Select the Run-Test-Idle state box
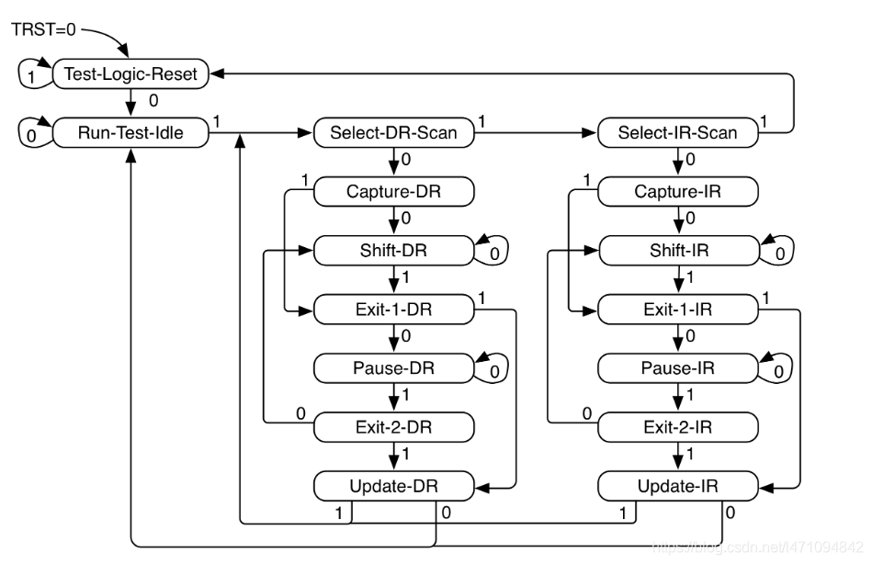(x=130, y=133)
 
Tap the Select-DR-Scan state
(x=393, y=133)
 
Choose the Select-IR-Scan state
(x=677, y=133)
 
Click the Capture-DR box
(x=393, y=192)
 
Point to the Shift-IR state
(x=677, y=250)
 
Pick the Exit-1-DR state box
(x=393, y=310)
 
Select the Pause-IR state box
(x=677, y=368)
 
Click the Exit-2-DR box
(x=393, y=427)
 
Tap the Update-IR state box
(x=677, y=485)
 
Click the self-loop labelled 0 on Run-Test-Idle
(x=30, y=134)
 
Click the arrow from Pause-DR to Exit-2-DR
(x=393, y=398)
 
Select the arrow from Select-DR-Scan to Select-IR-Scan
(x=535, y=133)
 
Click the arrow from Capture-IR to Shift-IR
(x=677, y=221)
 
